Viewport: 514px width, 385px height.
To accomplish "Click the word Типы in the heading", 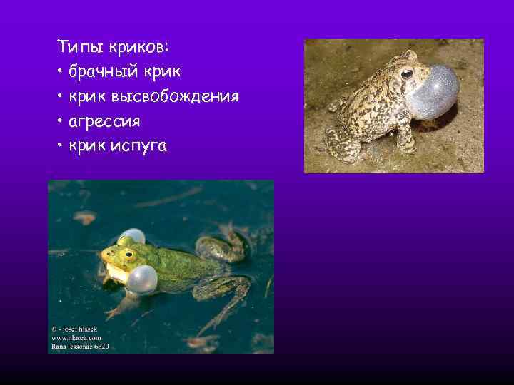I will [x=80, y=48].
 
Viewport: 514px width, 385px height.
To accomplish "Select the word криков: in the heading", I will [x=140, y=48].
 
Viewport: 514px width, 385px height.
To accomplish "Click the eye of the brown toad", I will [x=406, y=73].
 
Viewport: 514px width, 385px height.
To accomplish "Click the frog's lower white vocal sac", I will [x=142, y=279].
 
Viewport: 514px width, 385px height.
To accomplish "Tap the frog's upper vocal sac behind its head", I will [x=131, y=236].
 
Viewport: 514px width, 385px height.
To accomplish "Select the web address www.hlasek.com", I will [x=76, y=337].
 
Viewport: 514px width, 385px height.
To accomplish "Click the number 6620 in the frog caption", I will [x=101, y=346].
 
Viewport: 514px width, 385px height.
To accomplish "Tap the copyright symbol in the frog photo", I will [x=54, y=329].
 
